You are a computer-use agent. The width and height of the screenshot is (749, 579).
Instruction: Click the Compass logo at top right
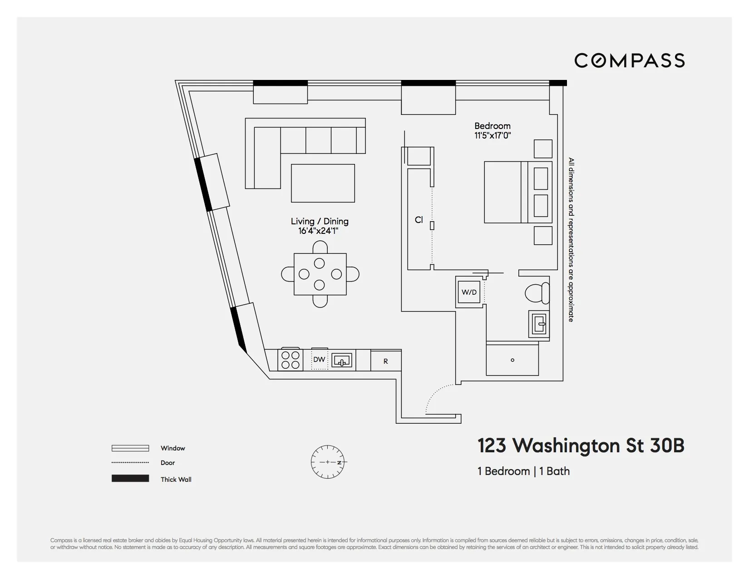tap(629, 60)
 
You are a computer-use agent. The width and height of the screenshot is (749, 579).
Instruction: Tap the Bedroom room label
tap(493, 126)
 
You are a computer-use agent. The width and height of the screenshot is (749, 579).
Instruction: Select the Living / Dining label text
tap(320, 222)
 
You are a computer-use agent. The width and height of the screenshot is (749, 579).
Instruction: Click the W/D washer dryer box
tap(469, 292)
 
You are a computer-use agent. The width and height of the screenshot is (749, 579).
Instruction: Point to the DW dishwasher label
tap(319, 360)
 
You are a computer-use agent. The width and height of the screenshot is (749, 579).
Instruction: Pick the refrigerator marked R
tap(386, 361)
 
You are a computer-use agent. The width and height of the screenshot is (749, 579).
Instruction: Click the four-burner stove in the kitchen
tap(291, 360)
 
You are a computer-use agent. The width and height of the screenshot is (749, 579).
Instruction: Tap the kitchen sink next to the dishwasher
tap(342, 361)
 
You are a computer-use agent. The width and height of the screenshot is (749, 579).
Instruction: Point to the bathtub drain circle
tap(512, 361)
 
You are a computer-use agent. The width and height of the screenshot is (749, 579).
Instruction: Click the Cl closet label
tap(419, 220)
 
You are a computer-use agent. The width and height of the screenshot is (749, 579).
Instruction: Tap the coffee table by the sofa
tap(323, 183)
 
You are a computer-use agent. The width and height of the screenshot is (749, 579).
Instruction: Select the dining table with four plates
tap(320, 274)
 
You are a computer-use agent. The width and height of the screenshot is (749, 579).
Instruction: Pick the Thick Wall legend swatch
tap(130, 479)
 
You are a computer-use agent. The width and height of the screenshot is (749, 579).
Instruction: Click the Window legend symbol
tap(130, 448)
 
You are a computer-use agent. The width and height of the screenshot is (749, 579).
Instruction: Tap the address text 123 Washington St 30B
tap(581, 446)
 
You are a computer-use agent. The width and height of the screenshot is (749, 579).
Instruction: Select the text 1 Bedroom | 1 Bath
tap(523, 471)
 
